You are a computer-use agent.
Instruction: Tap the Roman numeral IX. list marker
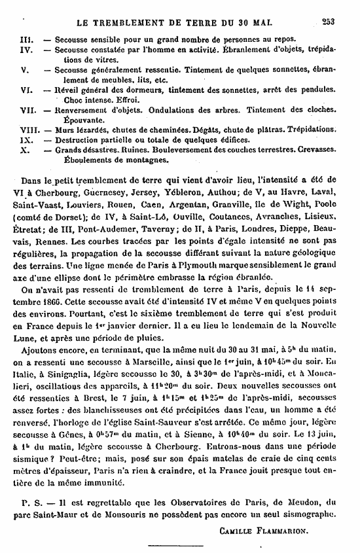pos(26,139)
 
